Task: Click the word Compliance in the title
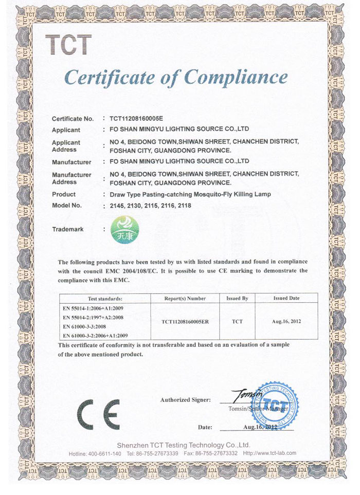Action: tap(236, 78)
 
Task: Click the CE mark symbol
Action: tap(98, 413)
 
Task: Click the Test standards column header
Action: tap(105, 298)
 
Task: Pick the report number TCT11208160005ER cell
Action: tap(185, 321)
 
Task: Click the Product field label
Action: tap(64, 194)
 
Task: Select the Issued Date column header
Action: tap(287, 298)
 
